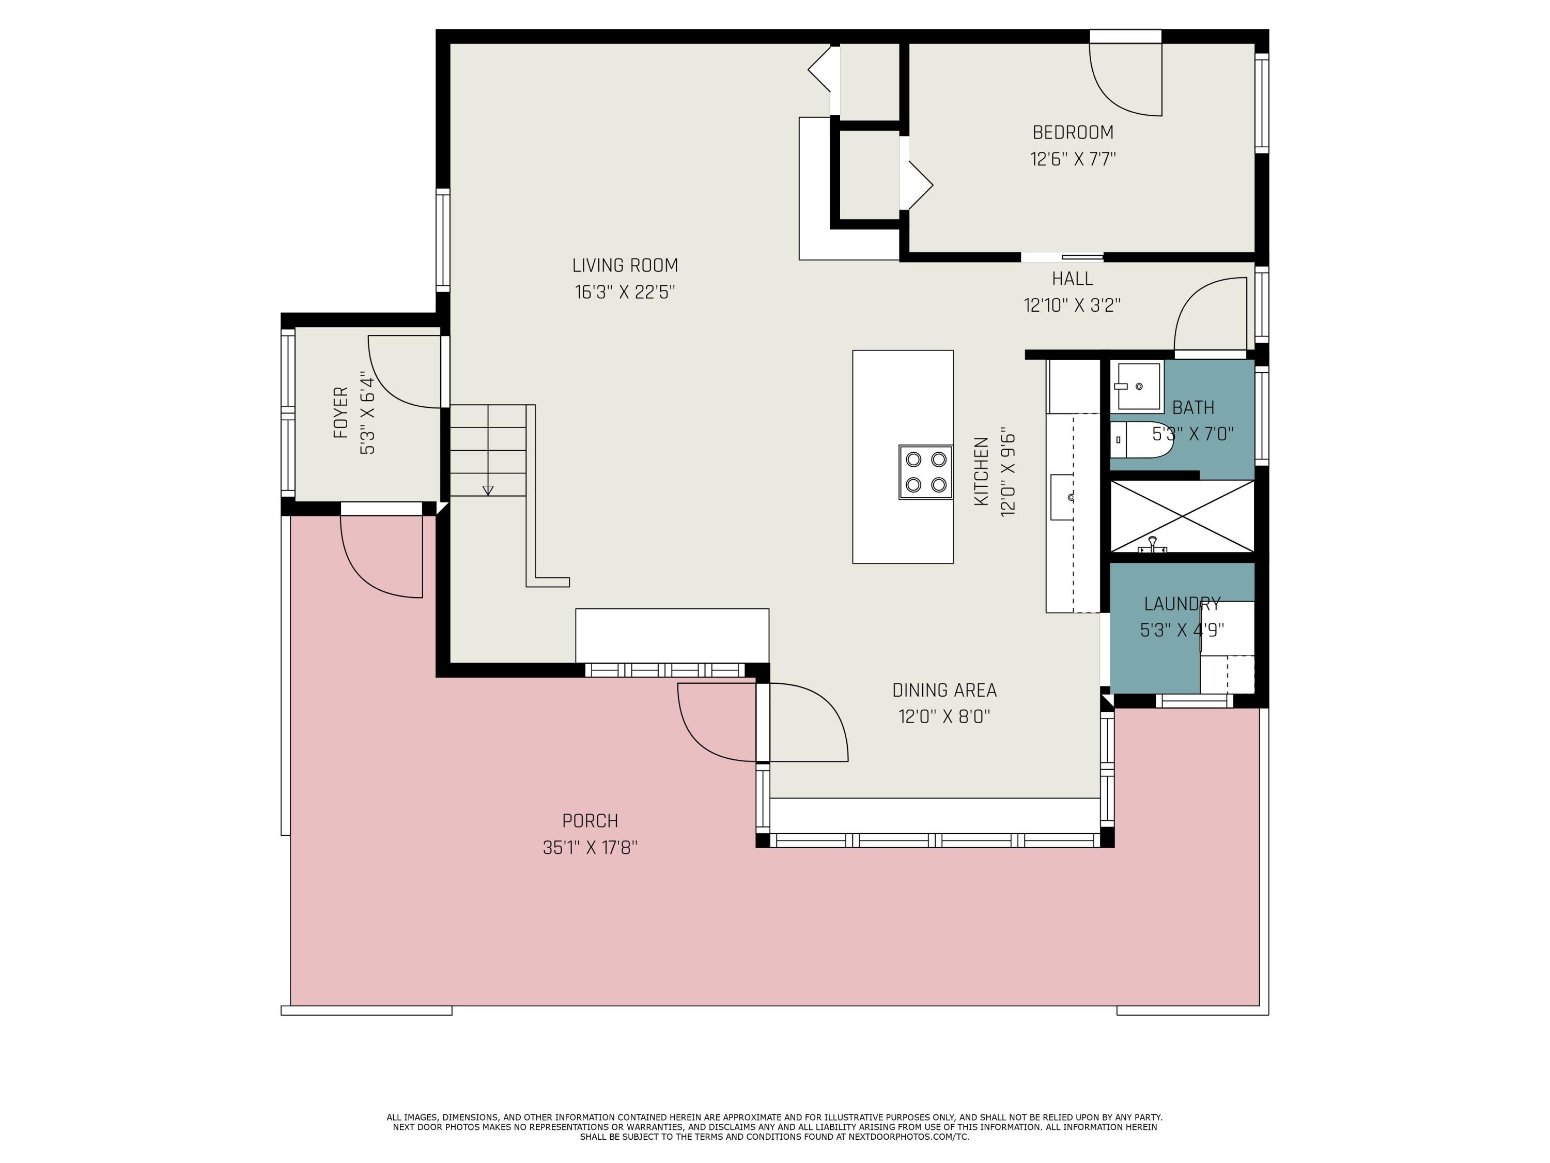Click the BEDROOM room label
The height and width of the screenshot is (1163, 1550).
pos(1073,132)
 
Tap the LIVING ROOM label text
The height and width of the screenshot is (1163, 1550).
pos(625,266)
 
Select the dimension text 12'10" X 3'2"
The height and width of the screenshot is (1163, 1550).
pos(1072,305)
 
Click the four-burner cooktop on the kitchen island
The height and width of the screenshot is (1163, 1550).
pos(926,472)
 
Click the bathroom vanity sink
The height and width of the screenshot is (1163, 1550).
pos(1137,386)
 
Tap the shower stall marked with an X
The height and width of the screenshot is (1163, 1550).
pos(1182,516)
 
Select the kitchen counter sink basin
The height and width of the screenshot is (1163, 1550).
pos(1062,497)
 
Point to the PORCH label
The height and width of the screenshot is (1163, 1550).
pos(590,821)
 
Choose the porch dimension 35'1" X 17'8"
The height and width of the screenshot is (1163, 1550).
pos(590,848)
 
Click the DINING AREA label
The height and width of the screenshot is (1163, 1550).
pos(944,691)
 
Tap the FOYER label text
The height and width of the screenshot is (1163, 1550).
pos(341,413)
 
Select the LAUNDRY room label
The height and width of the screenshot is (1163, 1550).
pos(1182,604)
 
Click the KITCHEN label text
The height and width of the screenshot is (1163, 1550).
pos(981,471)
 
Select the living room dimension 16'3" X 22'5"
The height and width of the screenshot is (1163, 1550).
pos(625,293)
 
